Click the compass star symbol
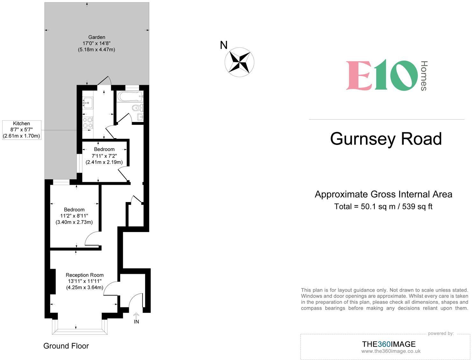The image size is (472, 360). tap(240, 62)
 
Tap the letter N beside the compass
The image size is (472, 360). tap(224, 45)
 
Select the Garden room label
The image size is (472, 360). tap(97, 37)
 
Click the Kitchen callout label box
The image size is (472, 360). tap(22, 130)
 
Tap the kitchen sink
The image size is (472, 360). tap(87, 103)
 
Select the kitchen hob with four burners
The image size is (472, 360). tap(88, 123)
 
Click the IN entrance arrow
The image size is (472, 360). tap(136, 316)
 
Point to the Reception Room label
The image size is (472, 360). tap(85, 275)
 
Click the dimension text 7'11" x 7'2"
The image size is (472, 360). tap(104, 156)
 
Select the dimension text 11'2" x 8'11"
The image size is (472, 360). tap(74, 216)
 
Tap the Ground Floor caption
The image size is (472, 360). tap(66, 346)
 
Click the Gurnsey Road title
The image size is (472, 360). tap(386, 139)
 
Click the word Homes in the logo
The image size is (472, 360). tap(424, 76)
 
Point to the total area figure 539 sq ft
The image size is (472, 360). tap(417, 206)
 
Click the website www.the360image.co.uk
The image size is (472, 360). tap(391, 351)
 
